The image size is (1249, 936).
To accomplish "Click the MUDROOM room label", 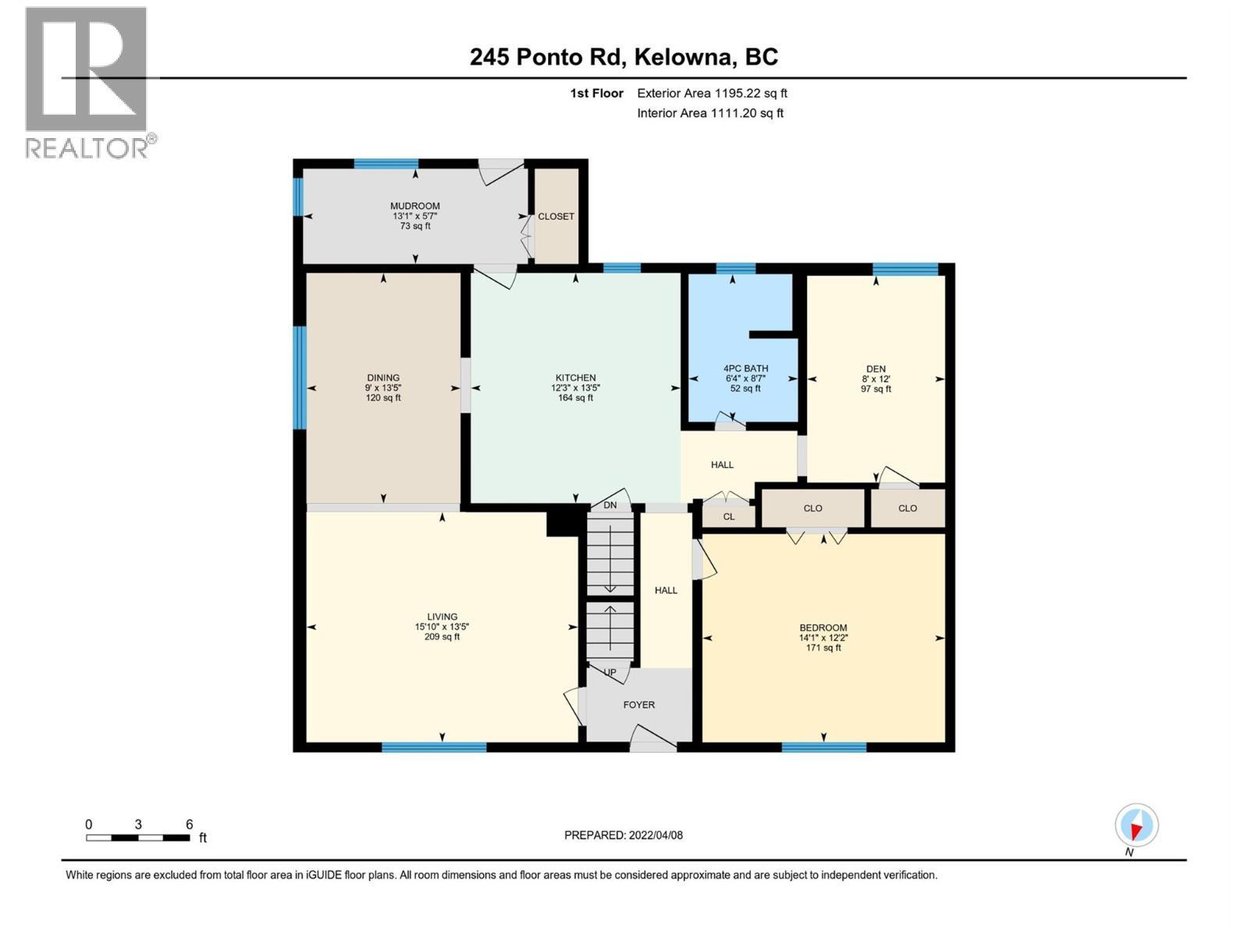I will tap(415, 206).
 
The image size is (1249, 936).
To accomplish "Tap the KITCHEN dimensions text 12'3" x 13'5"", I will tap(575, 388).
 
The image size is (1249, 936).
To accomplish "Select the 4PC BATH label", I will tap(745, 368).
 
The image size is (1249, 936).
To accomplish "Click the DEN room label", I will tap(876, 369).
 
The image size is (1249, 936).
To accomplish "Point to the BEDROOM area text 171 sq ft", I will tap(823, 647).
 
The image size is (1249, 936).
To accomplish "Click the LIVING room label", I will tap(442, 616).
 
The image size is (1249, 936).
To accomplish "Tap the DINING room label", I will tap(383, 378).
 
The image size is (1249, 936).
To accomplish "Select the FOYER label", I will tap(639, 704).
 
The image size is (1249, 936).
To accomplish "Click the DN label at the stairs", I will tap(610, 505).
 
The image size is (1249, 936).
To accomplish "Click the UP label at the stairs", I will tap(610, 672).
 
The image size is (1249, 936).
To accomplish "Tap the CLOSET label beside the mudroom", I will tap(556, 216).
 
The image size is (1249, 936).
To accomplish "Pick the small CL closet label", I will tap(728, 516).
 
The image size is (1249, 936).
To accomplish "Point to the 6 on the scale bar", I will tap(189, 824).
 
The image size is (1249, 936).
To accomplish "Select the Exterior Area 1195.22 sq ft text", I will tap(712, 93).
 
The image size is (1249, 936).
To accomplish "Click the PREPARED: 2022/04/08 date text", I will tap(623, 835).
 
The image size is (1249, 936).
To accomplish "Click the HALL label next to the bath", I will tap(722, 465).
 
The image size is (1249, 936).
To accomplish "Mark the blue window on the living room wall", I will tap(434, 747).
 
